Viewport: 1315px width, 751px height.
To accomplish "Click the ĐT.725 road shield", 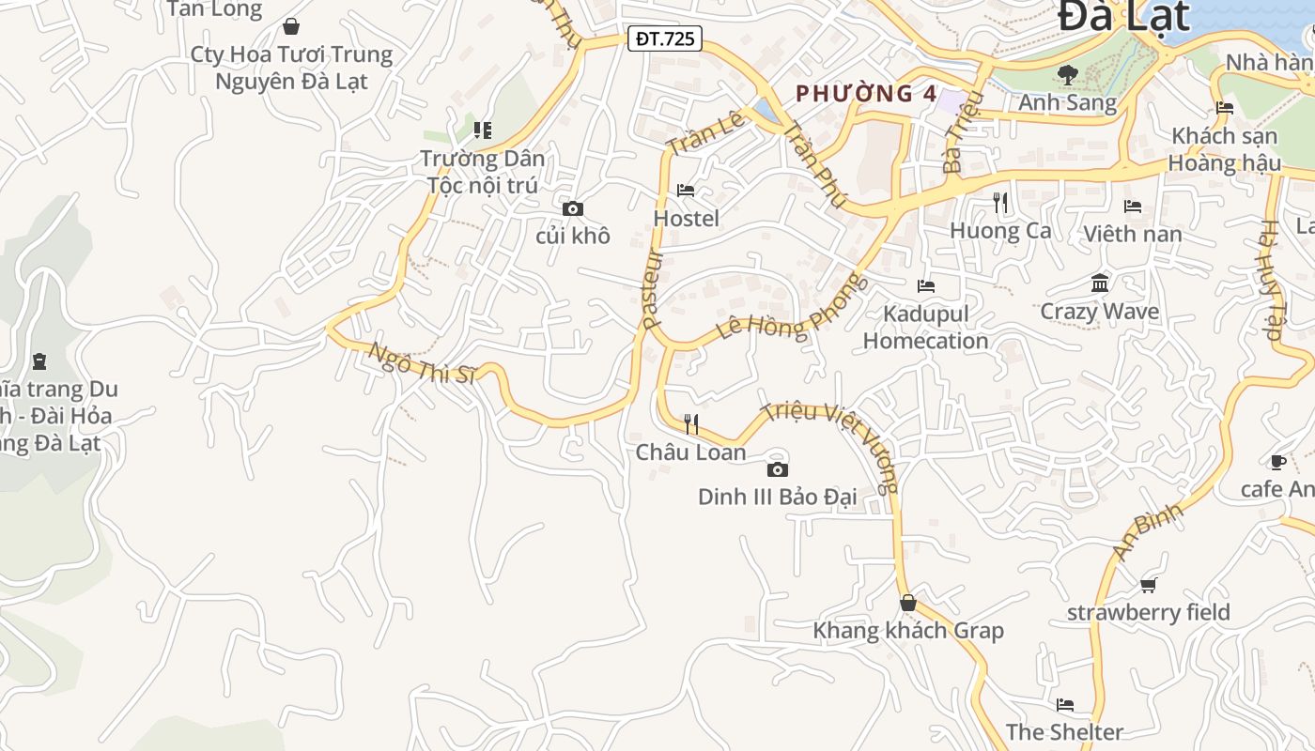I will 666,38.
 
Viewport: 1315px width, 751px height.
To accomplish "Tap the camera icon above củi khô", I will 572,209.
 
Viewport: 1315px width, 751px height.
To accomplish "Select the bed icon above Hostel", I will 686,191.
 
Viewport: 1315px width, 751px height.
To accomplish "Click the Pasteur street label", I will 654,289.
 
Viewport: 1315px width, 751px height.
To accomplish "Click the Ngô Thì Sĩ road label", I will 422,363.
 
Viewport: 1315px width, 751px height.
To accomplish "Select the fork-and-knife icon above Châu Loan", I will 691,424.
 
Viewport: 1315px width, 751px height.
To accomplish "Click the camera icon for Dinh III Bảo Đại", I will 777,469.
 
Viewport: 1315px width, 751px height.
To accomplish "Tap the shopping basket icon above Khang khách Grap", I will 907,603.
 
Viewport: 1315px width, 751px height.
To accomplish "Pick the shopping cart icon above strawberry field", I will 1148,586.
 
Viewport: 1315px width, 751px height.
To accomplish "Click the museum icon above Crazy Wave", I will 1100,284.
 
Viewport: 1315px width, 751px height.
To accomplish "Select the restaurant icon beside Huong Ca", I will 1000,202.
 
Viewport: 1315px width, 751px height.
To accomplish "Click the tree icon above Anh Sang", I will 1067,74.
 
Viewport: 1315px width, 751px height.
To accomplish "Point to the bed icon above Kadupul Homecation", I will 926,285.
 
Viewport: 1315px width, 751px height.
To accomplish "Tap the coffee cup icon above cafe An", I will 1277,462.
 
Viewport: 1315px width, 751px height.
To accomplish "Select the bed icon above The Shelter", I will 1064,705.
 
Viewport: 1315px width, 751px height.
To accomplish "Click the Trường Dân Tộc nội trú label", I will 482,172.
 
